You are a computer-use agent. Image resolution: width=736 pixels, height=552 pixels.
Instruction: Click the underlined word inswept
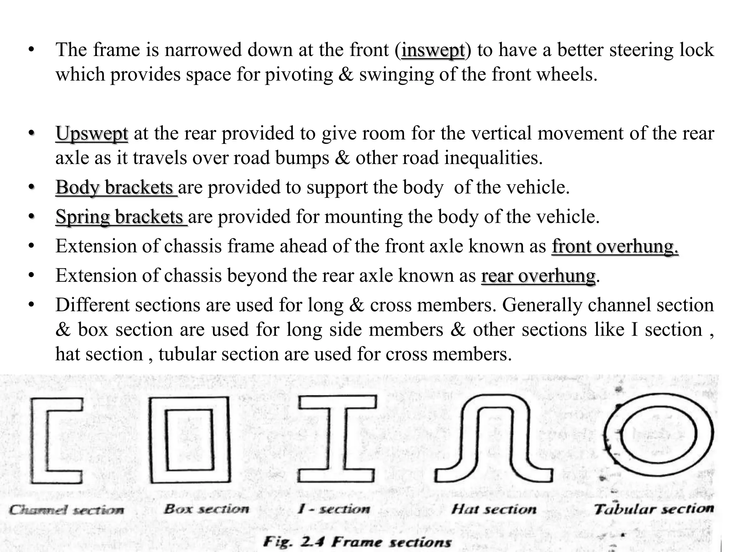tap(433, 50)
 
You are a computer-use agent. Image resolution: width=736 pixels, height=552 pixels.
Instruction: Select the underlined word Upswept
tap(92, 134)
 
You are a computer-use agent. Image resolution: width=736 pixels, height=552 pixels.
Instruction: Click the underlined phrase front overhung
tap(615, 247)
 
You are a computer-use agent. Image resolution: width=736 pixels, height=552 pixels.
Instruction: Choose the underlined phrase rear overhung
tap(538, 276)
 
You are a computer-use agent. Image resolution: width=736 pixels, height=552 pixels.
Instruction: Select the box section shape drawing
tap(189, 441)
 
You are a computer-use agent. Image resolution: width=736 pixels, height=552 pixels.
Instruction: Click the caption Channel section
tap(67, 510)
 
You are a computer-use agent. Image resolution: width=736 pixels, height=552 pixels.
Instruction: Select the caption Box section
tap(206, 509)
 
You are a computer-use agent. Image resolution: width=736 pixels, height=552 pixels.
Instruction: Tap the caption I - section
tap(334, 509)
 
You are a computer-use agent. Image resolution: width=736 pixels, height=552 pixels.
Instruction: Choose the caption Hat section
tap(494, 509)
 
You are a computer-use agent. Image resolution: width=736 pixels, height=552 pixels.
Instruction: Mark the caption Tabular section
tap(653, 509)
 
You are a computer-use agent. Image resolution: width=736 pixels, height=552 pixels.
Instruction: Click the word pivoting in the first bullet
tap(299, 75)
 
